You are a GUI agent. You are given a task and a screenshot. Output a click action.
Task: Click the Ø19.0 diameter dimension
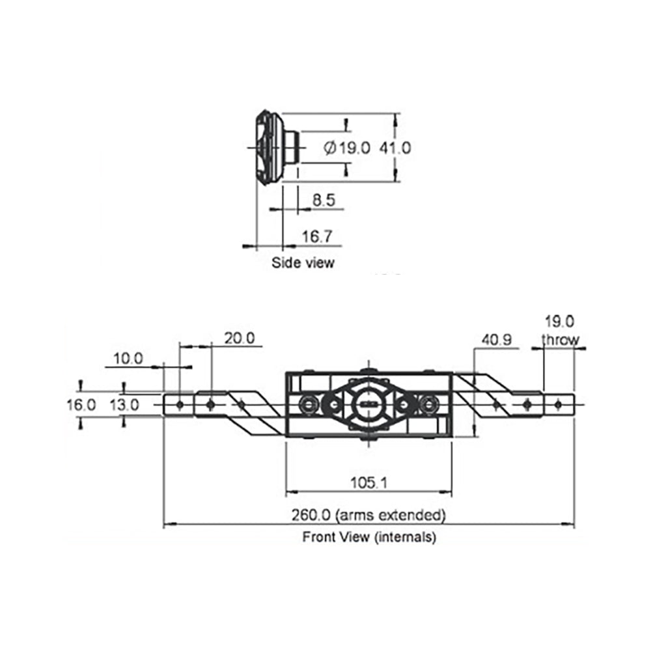click(346, 148)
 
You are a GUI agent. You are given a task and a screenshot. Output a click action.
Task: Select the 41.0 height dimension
click(396, 148)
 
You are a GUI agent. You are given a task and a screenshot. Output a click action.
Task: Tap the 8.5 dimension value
click(324, 201)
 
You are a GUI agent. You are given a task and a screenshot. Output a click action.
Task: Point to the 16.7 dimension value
click(317, 237)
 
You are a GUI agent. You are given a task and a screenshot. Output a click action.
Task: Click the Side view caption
click(303, 263)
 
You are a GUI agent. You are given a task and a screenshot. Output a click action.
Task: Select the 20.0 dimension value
click(239, 338)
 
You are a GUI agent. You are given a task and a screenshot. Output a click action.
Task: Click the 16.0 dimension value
click(81, 404)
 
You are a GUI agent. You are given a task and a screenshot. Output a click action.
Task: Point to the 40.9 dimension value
click(497, 340)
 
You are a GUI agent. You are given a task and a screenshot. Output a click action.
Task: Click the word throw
click(560, 339)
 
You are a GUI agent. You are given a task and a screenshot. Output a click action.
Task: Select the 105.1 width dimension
click(368, 482)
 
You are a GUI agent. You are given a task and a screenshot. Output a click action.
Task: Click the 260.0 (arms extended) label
click(368, 515)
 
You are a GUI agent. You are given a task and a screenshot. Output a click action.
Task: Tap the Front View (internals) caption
click(368, 538)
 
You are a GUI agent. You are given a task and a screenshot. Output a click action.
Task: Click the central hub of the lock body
click(369, 404)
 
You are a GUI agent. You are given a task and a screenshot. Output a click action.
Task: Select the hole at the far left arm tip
click(180, 404)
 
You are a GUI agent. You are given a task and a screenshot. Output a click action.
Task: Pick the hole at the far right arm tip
click(558, 404)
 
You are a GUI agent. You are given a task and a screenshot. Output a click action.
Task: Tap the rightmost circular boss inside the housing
click(430, 404)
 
